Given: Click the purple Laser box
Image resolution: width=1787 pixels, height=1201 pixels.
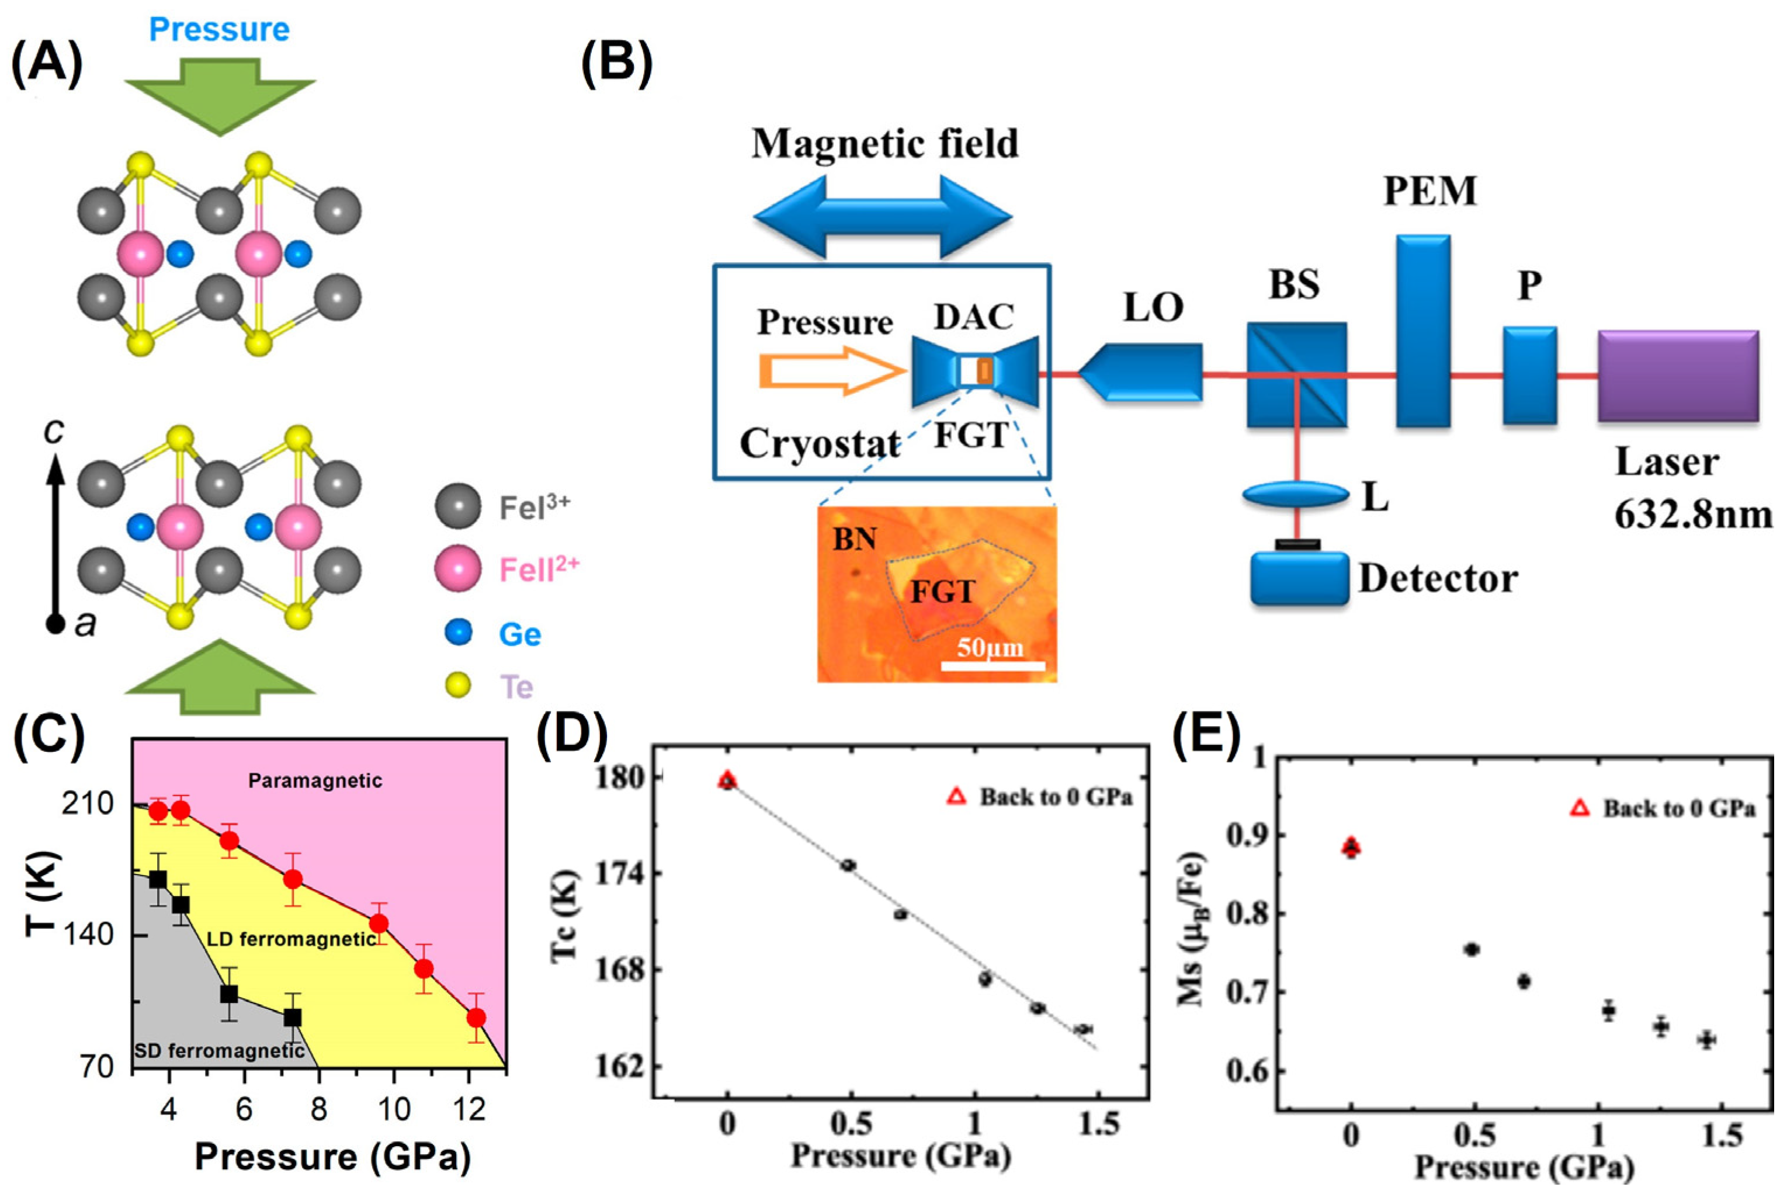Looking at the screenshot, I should [1678, 375].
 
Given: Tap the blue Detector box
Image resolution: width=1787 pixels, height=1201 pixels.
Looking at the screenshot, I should [1299, 578].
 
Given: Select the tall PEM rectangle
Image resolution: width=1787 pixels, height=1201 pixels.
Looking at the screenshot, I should [1422, 330].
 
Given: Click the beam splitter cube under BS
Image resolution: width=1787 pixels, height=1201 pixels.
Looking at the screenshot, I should [1296, 374].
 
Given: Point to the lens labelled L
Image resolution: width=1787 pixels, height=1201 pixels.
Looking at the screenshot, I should [1295, 495].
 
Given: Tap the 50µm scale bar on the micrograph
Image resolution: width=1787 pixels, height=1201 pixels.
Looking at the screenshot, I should [993, 665].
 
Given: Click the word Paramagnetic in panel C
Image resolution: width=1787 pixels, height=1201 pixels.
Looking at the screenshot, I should [315, 780].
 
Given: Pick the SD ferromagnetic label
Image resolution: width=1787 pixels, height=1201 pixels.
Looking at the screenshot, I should [219, 1051].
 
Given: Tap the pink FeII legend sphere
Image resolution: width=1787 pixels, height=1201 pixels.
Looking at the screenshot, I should [457, 569].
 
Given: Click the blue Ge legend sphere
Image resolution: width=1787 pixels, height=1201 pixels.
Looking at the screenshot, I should [458, 633].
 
